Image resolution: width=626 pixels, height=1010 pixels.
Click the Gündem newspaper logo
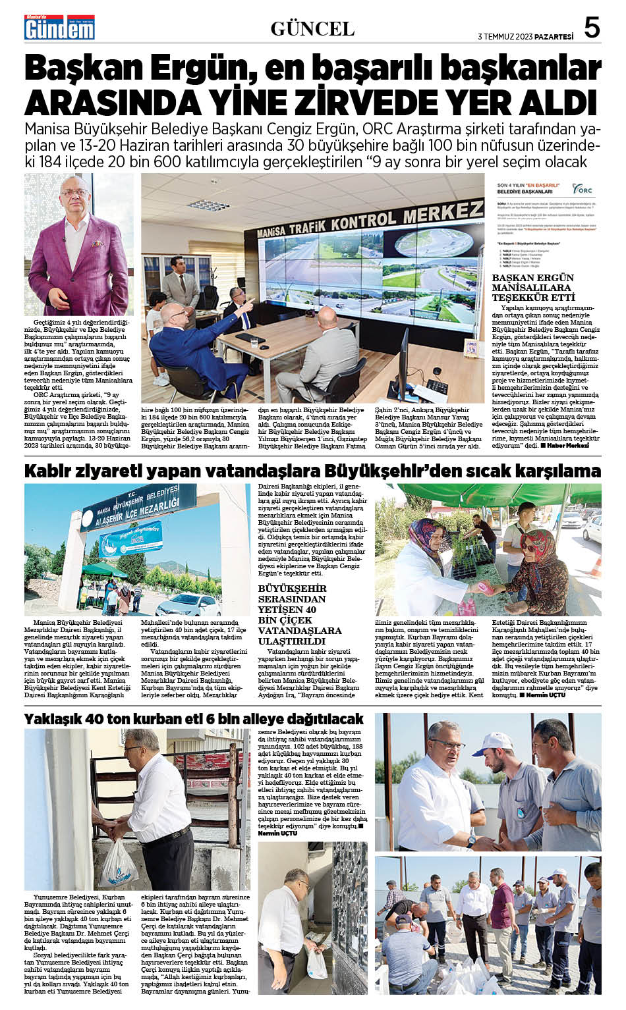click(x=59, y=28)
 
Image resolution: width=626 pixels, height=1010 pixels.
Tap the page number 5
click(x=592, y=28)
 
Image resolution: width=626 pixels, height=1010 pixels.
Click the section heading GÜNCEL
click(x=312, y=29)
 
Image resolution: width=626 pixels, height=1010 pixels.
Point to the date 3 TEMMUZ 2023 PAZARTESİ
click(x=525, y=37)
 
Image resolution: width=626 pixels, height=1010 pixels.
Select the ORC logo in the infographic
click(x=583, y=189)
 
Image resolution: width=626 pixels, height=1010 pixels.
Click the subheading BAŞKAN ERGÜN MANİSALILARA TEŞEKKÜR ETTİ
click(x=533, y=287)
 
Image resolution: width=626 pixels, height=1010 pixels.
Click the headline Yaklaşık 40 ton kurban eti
click(x=194, y=718)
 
